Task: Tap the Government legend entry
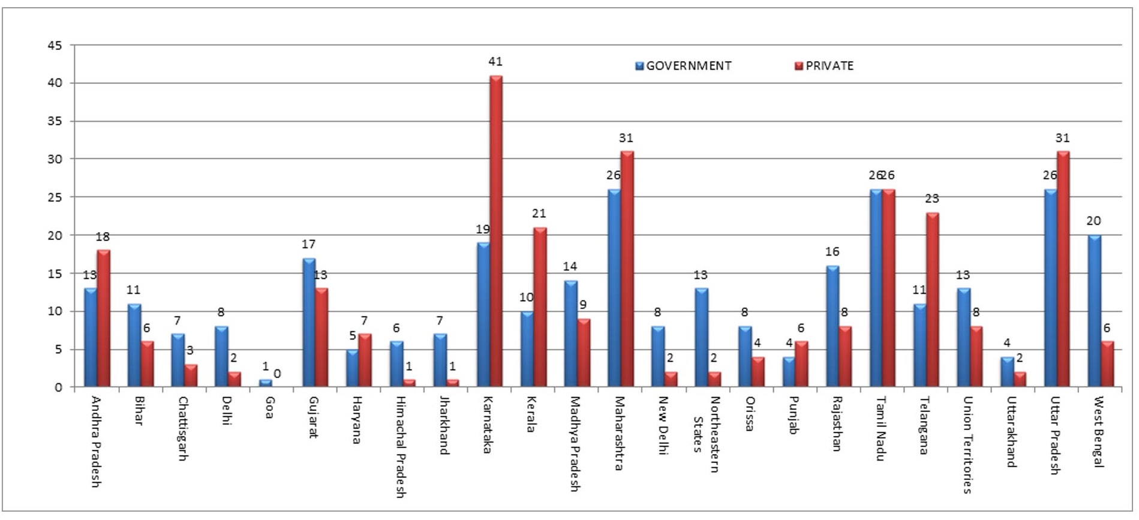pos(683,66)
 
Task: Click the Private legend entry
pos(824,66)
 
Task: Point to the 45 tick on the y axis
pos(55,46)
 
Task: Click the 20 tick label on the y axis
pos(55,236)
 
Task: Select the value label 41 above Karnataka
pos(495,62)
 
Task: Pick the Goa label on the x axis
pos(270,408)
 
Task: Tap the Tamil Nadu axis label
pos(880,428)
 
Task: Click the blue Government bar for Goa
pos(265,383)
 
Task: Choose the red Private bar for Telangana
pos(932,300)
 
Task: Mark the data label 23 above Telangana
pos(931,199)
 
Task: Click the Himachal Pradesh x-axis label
pos(400,447)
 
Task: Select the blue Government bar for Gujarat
pos(309,322)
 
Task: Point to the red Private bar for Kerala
pos(540,307)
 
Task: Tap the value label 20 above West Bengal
pos(1093,221)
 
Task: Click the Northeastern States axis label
pos(706,434)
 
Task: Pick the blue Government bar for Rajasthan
pos(833,326)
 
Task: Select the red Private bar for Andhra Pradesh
pos(104,318)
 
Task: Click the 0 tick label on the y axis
pos(58,387)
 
